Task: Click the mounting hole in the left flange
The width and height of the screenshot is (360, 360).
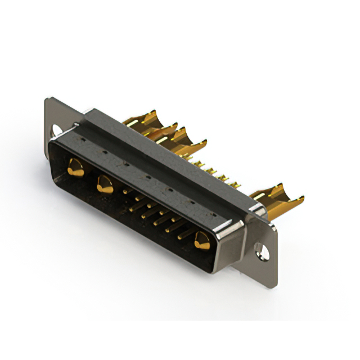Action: (56, 130)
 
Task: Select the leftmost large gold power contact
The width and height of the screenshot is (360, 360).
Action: (74, 167)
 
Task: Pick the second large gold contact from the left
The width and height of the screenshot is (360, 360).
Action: (104, 183)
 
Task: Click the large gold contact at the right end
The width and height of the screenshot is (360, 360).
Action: (201, 241)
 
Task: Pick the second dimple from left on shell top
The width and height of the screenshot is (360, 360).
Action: (104, 151)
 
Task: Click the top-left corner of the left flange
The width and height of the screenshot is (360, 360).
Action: (47, 100)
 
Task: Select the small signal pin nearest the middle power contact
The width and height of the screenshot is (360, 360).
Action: (125, 193)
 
